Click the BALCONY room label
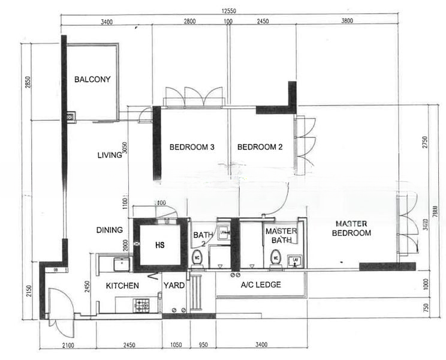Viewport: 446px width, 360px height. point(92,79)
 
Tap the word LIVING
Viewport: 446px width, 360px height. point(110,155)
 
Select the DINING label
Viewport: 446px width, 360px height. point(110,230)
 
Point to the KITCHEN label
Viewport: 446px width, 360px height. point(123,286)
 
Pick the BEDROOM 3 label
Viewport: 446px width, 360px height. point(192,147)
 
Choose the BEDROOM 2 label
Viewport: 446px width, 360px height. point(260,147)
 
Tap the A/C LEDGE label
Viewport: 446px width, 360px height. point(261,285)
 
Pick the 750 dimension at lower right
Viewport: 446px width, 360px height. point(427,307)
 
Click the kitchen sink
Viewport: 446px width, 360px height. point(122,262)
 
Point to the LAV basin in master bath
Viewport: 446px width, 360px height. point(294,260)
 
